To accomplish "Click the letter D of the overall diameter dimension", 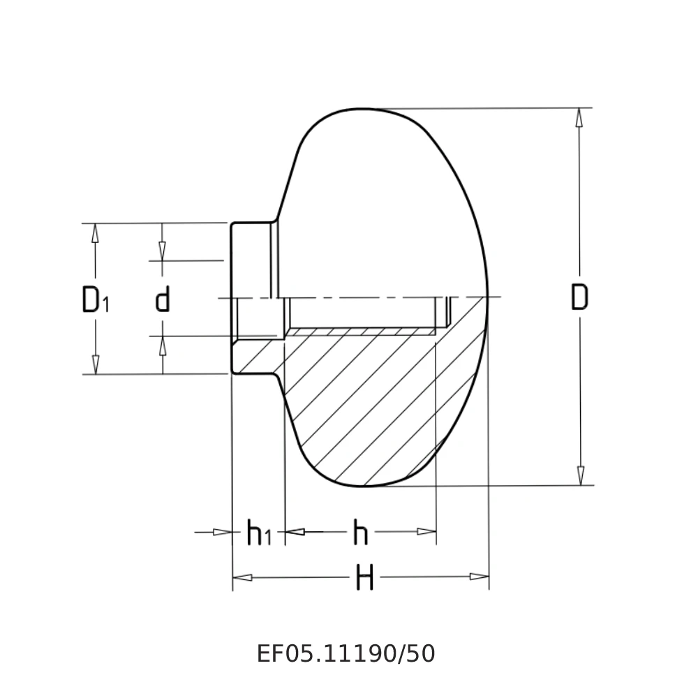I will (579, 297).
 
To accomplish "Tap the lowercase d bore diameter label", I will (163, 299).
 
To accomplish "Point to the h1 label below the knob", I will (258, 534).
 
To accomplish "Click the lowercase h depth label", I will (360, 533).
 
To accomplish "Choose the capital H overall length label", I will (364, 578).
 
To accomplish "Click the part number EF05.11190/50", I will (346, 654).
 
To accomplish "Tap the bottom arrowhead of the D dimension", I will (579, 475).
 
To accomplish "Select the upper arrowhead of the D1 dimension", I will (96, 233).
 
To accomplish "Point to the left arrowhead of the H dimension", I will (242, 577).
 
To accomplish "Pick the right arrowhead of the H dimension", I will (479, 577).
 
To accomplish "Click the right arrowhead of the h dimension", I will (426, 532).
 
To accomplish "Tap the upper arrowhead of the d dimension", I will (163, 251).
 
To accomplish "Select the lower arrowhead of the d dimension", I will (163, 346).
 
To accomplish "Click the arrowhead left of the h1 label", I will (222, 533).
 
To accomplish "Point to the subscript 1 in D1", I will (106, 304).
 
